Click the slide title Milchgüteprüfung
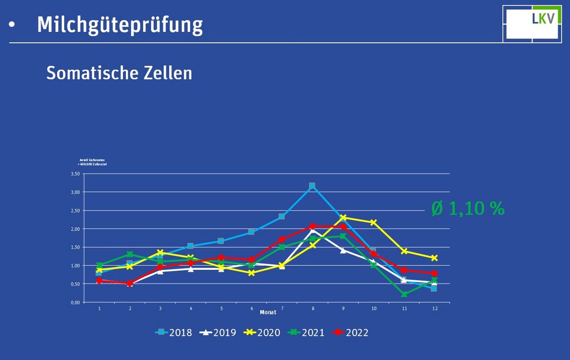[120, 25]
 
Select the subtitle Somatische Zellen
[119, 73]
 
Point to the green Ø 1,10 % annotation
[468, 208]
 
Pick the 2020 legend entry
[261, 332]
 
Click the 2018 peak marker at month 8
[312, 186]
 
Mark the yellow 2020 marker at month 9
[343, 218]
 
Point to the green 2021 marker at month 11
[404, 294]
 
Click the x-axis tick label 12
[434, 309]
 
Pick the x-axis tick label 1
[99, 309]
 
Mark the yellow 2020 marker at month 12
[434, 258]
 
